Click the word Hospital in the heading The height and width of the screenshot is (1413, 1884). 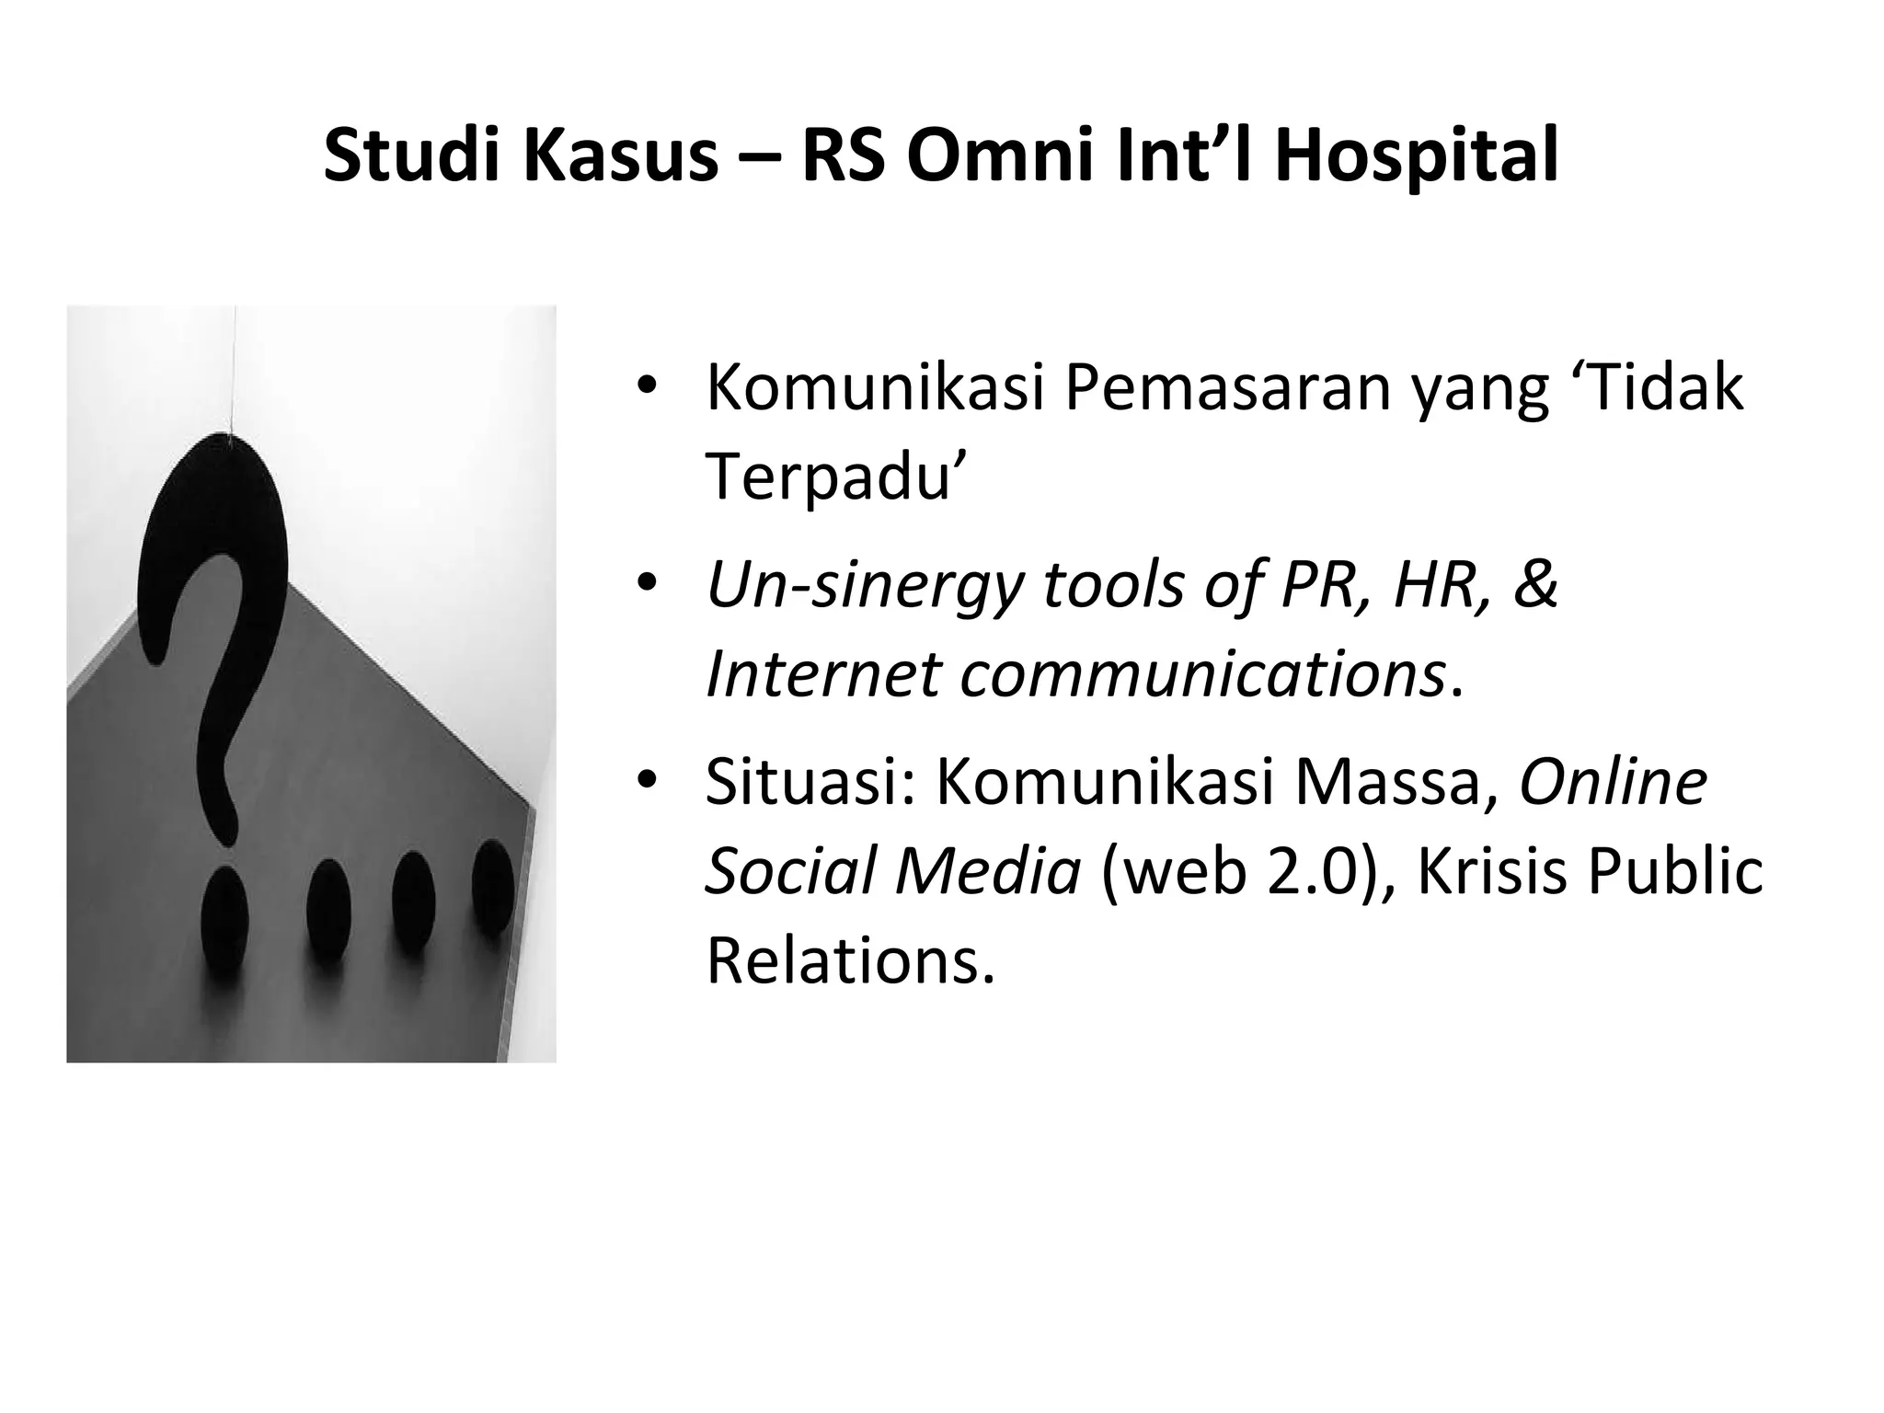pos(1416,156)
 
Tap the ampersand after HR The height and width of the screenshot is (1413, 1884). pos(1534,585)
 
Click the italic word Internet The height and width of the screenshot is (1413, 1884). pos(822,674)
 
